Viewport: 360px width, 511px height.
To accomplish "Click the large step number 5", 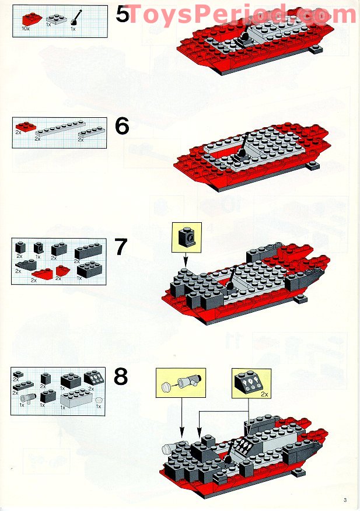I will (x=122, y=14).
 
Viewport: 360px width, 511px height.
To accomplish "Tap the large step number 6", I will (x=122, y=127).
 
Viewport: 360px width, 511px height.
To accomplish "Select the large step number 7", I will (x=121, y=247).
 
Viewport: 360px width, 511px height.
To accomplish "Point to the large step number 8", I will (x=121, y=377).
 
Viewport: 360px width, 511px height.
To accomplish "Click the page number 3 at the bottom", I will (x=345, y=499).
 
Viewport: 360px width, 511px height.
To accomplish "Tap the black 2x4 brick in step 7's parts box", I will (x=88, y=251).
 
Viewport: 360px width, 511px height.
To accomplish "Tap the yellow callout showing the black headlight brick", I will (x=187, y=237).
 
